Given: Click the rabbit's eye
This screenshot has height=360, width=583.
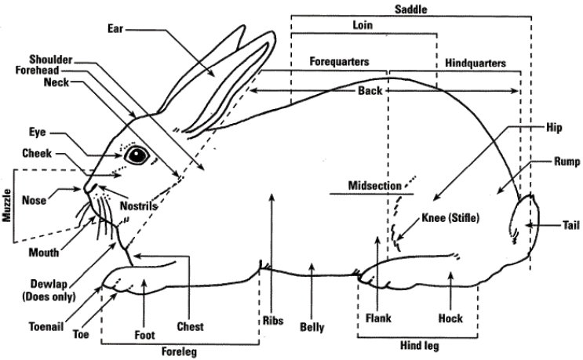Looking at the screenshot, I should click(139, 154).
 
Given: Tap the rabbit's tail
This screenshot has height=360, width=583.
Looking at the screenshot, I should click(521, 225).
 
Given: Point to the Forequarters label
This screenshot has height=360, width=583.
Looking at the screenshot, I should click(339, 60).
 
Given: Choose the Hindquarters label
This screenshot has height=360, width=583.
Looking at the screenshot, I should click(476, 62).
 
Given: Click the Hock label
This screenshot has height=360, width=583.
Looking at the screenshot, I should click(450, 319).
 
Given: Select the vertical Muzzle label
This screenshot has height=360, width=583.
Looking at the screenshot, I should click(9, 208).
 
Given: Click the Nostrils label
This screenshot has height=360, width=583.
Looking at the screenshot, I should click(140, 206).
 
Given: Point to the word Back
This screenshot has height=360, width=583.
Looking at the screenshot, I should click(370, 91).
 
